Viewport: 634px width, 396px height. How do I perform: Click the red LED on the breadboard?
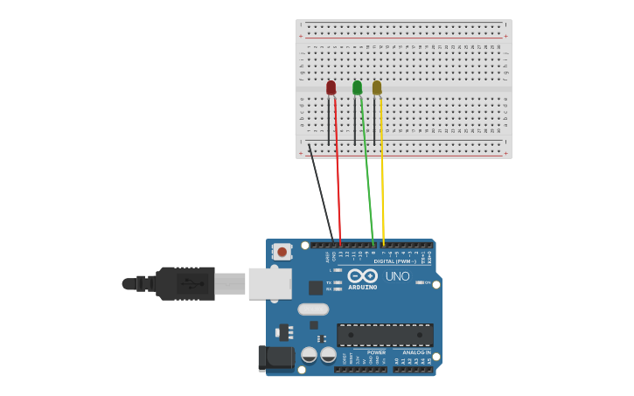click(331, 87)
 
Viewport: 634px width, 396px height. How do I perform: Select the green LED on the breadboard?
click(357, 87)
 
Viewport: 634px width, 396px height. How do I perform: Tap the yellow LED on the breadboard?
click(377, 87)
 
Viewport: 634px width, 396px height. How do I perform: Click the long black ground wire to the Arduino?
click(320, 192)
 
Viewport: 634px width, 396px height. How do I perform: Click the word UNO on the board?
click(397, 276)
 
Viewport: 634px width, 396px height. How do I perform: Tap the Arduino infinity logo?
click(362, 275)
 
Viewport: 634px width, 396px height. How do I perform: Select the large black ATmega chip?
click(385, 334)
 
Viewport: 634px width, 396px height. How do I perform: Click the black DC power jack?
click(275, 358)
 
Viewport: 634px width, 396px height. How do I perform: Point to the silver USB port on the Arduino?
click(269, 283)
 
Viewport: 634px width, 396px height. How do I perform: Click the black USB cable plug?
click(185, 283)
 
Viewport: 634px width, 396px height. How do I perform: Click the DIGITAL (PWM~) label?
click(395, 261)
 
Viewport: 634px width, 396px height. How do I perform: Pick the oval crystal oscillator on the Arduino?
click(313, 309)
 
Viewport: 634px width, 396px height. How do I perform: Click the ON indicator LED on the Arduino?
click(421, 282)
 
